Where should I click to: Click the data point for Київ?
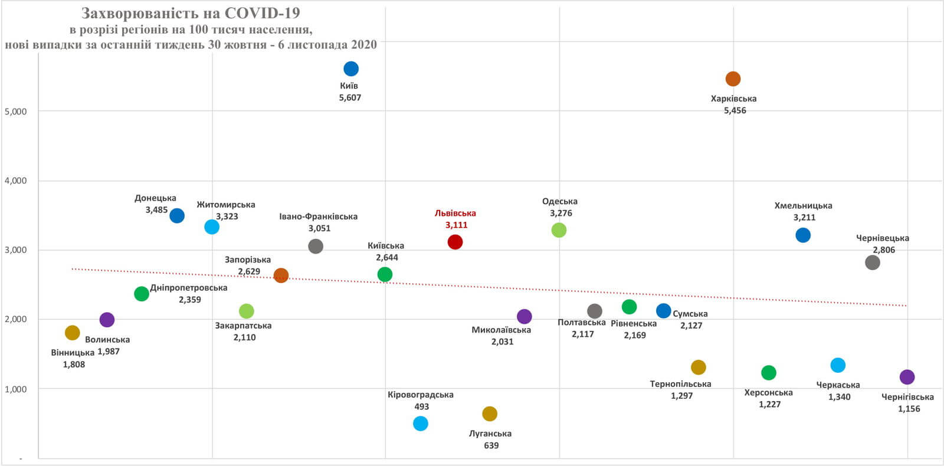point(351,69)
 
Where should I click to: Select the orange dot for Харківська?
point(733,79)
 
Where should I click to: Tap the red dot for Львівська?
point(455,242)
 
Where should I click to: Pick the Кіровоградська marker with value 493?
point(421,424)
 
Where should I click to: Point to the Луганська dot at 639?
point(490,414)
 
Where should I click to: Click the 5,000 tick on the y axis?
point(16,111)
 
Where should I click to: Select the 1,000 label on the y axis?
point(16,389)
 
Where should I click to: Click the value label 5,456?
point(735,110)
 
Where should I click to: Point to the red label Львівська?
point(455,213)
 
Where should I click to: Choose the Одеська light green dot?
point(559,230)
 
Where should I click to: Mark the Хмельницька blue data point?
point(803,235)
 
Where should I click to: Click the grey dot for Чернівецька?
point(873,263)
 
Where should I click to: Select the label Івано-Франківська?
point(319,216)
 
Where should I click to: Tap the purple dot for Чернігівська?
point(907,377)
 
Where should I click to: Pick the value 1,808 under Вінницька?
point(74,365)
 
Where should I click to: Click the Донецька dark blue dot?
point(177,216)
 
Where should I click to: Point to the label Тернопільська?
point(681,384)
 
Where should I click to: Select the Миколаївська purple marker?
point(525,317)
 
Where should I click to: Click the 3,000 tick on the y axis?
point(16,250)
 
